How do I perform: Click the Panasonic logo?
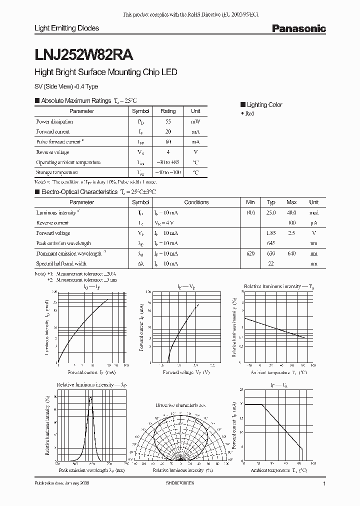pyautogui.click(x=298, y=29)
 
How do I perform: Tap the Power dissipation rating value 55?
pyautogui.click(x=168, y=121)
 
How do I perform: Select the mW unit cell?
pyautogui.click(x=195, y=121)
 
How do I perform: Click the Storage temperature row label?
pyautogui.click(x=56, y=172)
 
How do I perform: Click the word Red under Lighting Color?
pyautogui.click(x=250, y=113)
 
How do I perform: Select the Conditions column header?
pyautogui.click(x=196, y=202)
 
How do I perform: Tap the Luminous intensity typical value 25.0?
pyautogui.click(x=271, y=212)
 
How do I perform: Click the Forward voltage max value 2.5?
pyautogui.click(x=291, y=233)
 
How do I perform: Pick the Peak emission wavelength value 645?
pyautogui.click(x=271, y=243)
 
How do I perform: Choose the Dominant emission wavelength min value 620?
pyautogui.click(x=250, y=253)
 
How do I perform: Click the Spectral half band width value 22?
pyautogui.click(x=271, y=264)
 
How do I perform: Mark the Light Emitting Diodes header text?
pyautogui.click(x=66, y=28)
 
